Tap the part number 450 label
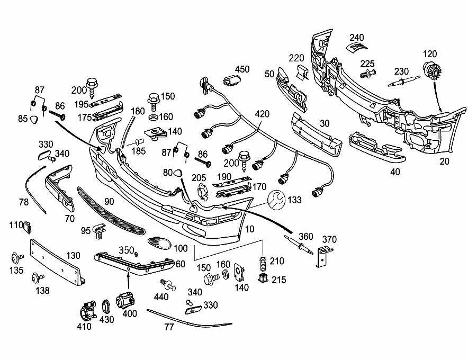tap(242, 69)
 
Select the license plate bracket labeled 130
tap(57, 262)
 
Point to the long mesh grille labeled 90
tap(111, 211)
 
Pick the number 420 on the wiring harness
tap(263, 114)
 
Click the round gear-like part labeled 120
tap(432, 71)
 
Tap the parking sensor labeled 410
tap(88, 310)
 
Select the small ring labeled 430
tap(106, 307)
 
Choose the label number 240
tap(357, 38)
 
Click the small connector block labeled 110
tap(28, 228)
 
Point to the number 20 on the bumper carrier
tap(444, 161)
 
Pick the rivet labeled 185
tap(140, 141)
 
